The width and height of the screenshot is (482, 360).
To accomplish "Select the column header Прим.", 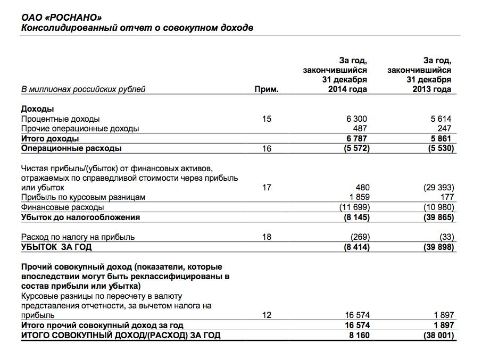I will point(267,89).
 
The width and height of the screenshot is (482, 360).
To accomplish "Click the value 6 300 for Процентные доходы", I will point(355,119).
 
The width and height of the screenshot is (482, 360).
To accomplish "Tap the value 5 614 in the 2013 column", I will point(441,119).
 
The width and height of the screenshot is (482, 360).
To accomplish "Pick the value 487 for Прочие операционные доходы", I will point(360,129).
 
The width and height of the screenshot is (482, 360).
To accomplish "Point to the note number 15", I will point(267,119).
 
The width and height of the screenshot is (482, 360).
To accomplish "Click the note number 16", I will point(267,149).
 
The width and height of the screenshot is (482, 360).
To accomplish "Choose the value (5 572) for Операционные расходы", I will point(353,149).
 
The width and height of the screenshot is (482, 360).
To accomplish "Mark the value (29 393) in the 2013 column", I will point(436,187).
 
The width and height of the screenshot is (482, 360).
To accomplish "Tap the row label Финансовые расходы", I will point(62,207).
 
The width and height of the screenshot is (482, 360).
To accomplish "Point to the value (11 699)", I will point(351,207).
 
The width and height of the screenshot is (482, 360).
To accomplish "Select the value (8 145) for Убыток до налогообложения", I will point(353,217).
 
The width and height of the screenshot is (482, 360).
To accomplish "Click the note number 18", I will point(267,237).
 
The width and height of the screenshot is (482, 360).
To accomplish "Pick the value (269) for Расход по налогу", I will point(358,237).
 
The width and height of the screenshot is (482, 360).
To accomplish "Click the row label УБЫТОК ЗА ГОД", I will point(56,247).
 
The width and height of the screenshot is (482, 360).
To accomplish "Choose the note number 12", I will point(267,315).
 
